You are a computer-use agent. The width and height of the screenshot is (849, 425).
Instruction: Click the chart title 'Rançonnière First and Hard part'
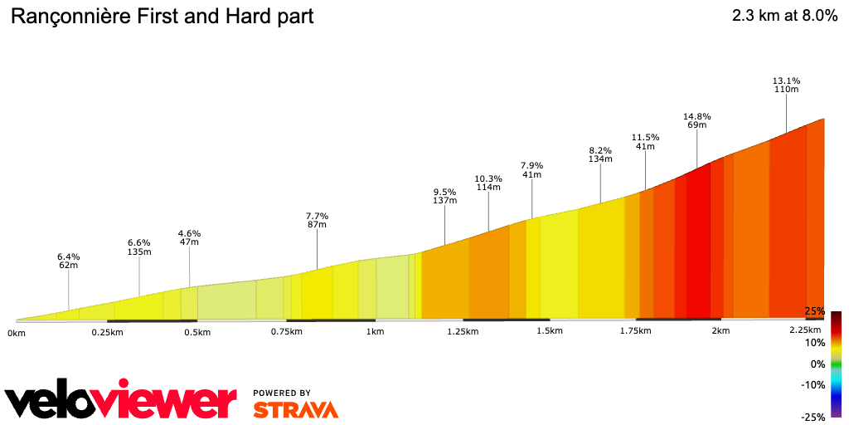click(x=162, y=17)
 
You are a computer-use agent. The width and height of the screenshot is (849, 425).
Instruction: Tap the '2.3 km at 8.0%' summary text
click(x=784, y=17)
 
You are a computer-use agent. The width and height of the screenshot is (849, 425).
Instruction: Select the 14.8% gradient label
click(x=696, y=120)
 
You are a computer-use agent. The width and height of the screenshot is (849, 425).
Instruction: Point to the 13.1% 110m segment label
click(x=786, y=85)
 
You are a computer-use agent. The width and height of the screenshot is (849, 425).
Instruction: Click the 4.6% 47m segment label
click(x=189, y=237)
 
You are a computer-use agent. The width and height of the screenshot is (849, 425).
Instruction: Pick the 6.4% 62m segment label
click(x=68, y=261)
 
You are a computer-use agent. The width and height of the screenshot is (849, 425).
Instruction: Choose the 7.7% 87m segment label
click(x=317, y=220)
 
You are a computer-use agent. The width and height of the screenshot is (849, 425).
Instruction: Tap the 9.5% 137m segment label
click(x=445, y=196)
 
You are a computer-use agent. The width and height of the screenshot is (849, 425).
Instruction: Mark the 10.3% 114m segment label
click(x=488, y=183)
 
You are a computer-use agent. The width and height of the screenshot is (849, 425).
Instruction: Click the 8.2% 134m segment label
click(x=600, y=154)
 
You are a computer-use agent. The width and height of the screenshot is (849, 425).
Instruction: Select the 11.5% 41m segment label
click(x=645, y=141)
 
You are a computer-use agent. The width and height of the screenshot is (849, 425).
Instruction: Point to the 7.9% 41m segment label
click(x=531, y=169)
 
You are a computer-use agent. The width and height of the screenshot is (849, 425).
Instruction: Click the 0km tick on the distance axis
click(x=17, y=333)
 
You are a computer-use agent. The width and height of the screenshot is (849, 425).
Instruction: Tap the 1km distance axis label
click(x=375, y=332)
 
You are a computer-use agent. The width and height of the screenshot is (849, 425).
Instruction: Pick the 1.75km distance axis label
click(x=634, y=331)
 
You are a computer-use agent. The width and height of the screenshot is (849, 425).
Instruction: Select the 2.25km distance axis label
click(x=804, y=331)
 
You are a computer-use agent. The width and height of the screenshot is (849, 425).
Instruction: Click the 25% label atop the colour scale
click(x=815, y=311)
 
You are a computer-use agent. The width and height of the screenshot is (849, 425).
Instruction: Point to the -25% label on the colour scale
click(x=813, y=417)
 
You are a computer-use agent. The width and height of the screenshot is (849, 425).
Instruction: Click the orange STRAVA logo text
click(x=295, y=409)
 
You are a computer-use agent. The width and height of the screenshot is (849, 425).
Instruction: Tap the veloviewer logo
click(x=120, y=401)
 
